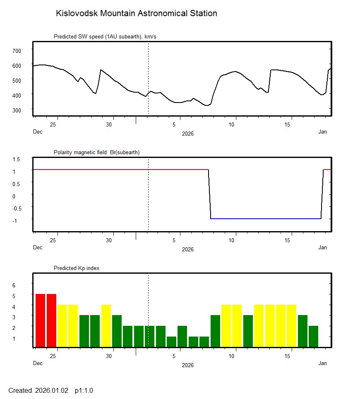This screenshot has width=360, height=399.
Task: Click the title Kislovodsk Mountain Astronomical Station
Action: pos(136,13)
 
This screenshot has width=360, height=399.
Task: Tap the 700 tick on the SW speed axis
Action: pos(17,50)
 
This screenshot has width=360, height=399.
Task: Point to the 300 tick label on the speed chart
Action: pos(17,110)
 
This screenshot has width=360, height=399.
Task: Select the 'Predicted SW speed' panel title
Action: pos(105,37)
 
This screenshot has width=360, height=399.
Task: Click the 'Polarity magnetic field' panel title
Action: pos(96,152)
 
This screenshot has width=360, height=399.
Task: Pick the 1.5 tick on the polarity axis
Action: pos(17,159)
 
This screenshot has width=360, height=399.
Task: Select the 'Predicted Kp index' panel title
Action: pos(77,268)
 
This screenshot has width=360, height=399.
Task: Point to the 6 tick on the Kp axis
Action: pos(13,285)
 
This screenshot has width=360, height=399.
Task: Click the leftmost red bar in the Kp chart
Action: pos(40,320)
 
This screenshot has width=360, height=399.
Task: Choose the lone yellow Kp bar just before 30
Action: pos(106,325)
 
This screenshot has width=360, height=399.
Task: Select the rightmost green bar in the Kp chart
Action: pos(313,336)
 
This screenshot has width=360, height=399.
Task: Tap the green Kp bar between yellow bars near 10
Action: pos(248,331)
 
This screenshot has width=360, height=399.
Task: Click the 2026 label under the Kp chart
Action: pos(187,365)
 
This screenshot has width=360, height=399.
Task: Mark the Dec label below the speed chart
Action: pos(38,132)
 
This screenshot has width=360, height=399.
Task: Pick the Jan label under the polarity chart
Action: pos(322,248)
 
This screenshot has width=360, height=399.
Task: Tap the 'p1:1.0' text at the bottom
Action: pos(84,390)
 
